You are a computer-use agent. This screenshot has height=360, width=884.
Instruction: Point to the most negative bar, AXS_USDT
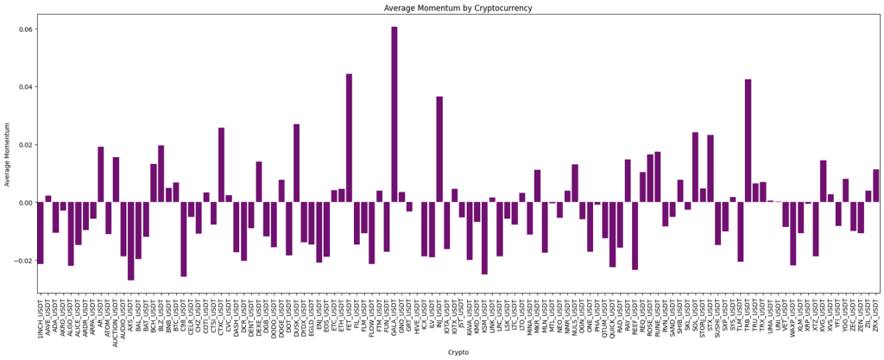(x=130, y=241)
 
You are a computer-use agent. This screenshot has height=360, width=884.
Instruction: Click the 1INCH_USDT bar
(x=41, y=233)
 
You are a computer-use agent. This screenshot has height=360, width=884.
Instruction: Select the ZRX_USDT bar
(x=876, y=186)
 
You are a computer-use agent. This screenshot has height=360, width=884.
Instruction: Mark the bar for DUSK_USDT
(x=296, y=163)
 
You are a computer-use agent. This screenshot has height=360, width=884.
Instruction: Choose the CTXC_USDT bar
(x=221, y=165)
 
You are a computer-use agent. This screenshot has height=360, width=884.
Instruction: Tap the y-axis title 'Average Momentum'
(x=8, y=154)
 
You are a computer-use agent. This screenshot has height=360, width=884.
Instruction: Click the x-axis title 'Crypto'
(x=458, y=352)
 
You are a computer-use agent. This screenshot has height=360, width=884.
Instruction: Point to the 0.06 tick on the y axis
(x=24, y=29)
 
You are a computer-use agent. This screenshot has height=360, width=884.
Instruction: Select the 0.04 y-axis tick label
(x=24, y=87)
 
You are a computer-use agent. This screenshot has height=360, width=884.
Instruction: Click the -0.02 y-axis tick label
(x=22, y=261)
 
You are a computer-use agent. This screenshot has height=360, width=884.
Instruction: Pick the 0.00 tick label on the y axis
(x=24, y=203)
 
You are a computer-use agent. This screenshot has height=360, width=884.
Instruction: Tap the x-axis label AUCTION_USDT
(x=116, y=318)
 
